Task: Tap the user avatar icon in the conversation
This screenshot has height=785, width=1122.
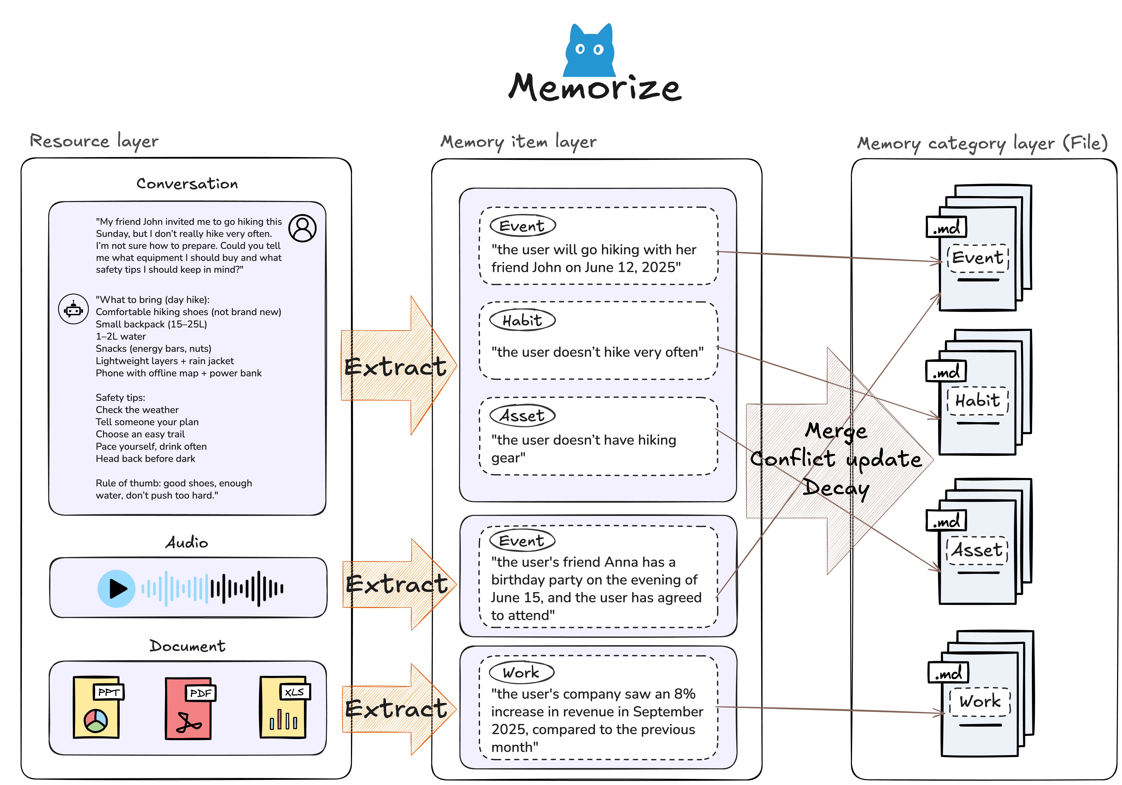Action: pyautogui.click(x=303, y=228)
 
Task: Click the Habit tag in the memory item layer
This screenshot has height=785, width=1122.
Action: pyautogui.click(x=522, y=320)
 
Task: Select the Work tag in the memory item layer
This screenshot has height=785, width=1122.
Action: pyautogui.click(x=521, y=673)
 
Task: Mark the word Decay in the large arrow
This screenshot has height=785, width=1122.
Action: pyautogui.click(x=836, y=488)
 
